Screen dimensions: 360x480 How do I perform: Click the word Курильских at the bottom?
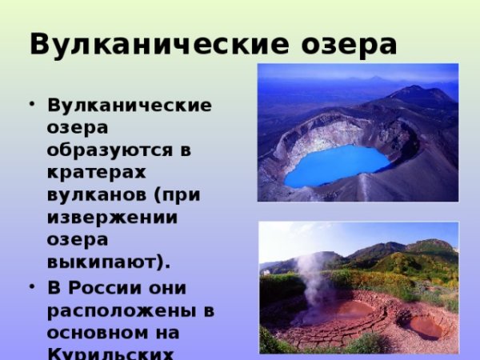pos(112,352)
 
